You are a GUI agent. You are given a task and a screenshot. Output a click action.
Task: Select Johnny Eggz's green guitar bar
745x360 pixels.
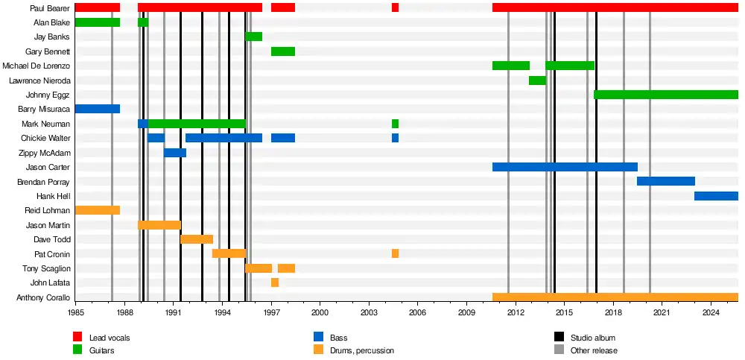(x=665, y=95)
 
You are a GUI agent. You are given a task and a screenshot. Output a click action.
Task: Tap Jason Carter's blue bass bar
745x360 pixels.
(x=564, y=167)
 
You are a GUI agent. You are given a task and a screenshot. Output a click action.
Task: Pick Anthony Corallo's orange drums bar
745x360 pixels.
(x=615, y=297)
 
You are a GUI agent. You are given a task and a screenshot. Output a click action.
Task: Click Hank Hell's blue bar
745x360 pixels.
(x=716, y=196)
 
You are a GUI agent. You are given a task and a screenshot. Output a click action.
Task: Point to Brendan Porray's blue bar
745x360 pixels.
(x=665, y=181)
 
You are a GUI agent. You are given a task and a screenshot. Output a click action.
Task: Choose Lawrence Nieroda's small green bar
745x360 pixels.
(x=537, y=80)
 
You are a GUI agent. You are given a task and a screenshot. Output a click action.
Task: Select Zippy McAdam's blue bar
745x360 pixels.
(x=175, y=153)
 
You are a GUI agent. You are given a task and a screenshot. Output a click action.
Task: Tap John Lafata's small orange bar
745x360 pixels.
(x=275, y=282)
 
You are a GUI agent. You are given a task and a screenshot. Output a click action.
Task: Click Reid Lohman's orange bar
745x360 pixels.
(x=98, y=210)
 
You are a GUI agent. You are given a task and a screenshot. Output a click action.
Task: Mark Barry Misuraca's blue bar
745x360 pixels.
(x=98, y=109)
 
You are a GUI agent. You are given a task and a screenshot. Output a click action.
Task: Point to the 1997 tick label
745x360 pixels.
(x=271, y=315)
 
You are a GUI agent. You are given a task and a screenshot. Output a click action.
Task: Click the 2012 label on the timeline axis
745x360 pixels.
(x=516, y=315)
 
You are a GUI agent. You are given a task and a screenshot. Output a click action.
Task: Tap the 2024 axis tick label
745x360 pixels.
(x=711, y=315)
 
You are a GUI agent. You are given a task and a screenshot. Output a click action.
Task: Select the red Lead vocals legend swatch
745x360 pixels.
(x=77, y=338)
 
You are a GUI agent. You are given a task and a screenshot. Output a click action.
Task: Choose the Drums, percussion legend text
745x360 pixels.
(x=361, y=350)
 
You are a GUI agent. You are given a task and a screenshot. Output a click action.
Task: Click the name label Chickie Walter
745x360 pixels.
(x=45, y=138)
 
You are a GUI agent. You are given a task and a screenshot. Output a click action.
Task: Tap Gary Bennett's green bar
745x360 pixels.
(x=282, y=51)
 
